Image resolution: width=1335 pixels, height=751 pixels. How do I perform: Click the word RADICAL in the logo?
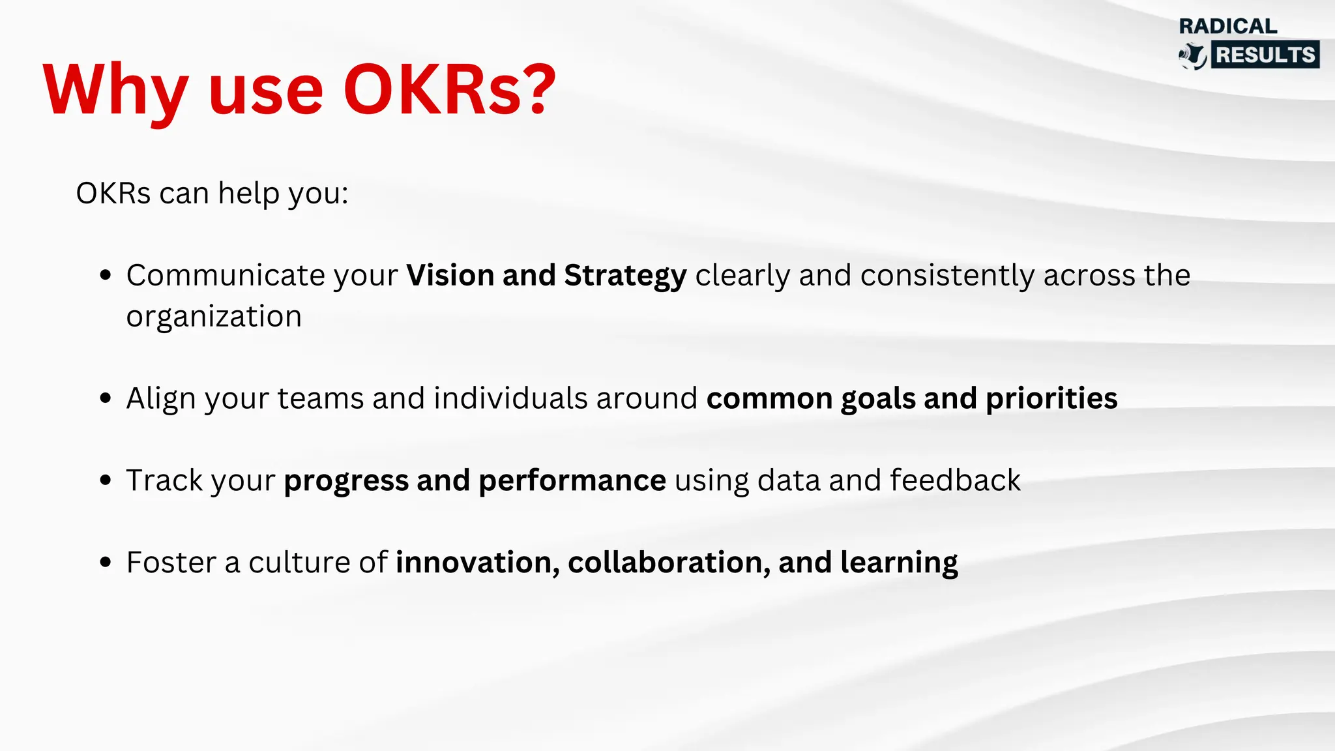pyautogui.click(x=1228, y=26)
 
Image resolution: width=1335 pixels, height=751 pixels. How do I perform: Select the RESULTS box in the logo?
pyautogui.click(x=1265, y=55)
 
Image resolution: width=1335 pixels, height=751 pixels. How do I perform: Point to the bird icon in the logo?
pyautogui.click(x=1193, y=56)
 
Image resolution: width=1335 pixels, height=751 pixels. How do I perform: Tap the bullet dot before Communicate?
pyautogui.click(x=106, y=275)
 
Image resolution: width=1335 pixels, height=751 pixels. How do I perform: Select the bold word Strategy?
pyautogui.click(x=625, y=276)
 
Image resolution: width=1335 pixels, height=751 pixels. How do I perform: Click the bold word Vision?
pyautogui.click(x=450, y=275)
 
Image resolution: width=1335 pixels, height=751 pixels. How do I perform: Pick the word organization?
pyautogui.click(x=214, y=317)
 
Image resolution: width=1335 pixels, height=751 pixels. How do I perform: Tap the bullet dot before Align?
pyautogui.click(x=106, y=398)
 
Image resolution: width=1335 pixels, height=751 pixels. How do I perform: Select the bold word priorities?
pyautogui.click(x=1051, y=399)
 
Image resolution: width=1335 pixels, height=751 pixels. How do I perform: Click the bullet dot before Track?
pyautogui.click(x=106, y=480)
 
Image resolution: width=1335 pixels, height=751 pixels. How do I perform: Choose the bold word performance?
pyautogui.click(x=572, y=481)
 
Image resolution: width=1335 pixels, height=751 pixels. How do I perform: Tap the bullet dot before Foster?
pyautogui.click(x=106, y=563)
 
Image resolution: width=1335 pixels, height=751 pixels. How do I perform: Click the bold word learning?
pyautogui.click(x=899, y=563)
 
